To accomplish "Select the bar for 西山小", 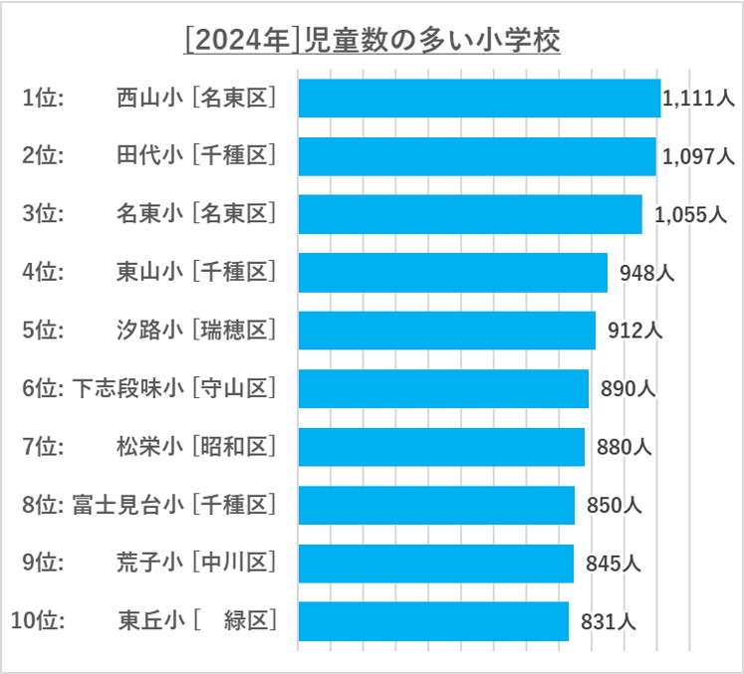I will (x=479, y=99).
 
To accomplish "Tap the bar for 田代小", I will (x=477, y=156).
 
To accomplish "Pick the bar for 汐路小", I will (x=447, y=331).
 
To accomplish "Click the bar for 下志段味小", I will (x=443, y=388).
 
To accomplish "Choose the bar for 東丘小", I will (x=433, y=621).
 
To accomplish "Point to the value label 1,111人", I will (x=698, y=99).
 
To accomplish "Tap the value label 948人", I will (x=646, y=272).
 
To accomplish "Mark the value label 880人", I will (x=624, y=447).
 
